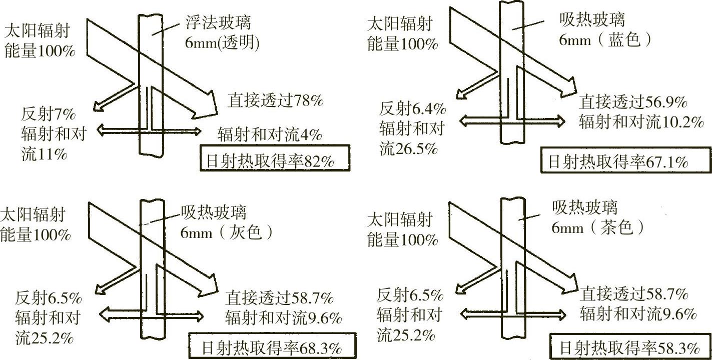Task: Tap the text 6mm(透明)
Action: (223, 44)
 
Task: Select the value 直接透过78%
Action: (276, 101)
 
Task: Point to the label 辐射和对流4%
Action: (270, 134)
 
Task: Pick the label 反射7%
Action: (48, 114)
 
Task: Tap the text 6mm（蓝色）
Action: (605, 40)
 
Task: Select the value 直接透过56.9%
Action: (633, 102)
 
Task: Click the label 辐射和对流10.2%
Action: (641, 122)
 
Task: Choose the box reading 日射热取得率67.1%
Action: (625, 161)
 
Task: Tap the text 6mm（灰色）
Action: (228, 232)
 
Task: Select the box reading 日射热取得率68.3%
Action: (272, 347)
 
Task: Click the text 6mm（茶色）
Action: (598, 228)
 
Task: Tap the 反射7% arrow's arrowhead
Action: (98, 106)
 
